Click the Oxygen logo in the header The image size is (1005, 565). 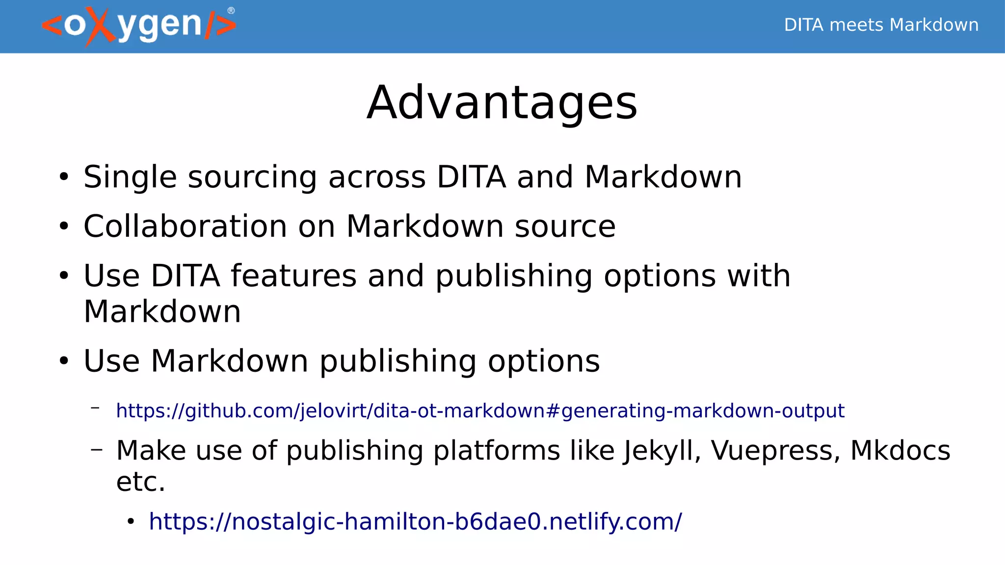(x=139, y=26)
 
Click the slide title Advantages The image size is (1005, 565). (x=502, y=103)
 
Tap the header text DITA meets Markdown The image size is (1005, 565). (x=881, y=25)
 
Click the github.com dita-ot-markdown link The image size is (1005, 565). (x=480, y=411)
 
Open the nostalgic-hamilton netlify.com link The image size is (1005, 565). (x=415, y=521)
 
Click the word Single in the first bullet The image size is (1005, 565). (x=130, y=177)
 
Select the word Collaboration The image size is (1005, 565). (x=185, y=227)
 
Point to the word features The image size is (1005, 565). (x=293, y=276)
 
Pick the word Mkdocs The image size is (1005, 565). (x=900, y=451)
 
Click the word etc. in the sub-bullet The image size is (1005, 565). (x=141, y=482)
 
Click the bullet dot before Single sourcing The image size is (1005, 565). (x=64, y=177)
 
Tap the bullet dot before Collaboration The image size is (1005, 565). (x=64, y=227)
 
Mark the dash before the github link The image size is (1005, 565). (x=96, y=407)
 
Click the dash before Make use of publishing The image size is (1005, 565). (x=97, y=448)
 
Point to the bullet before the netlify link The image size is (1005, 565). (x=130, y=522)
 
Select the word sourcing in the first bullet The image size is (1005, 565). (x=252, y=177)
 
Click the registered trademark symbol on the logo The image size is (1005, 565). (x=231, y=11)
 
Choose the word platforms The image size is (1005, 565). (x=497, y=451)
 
